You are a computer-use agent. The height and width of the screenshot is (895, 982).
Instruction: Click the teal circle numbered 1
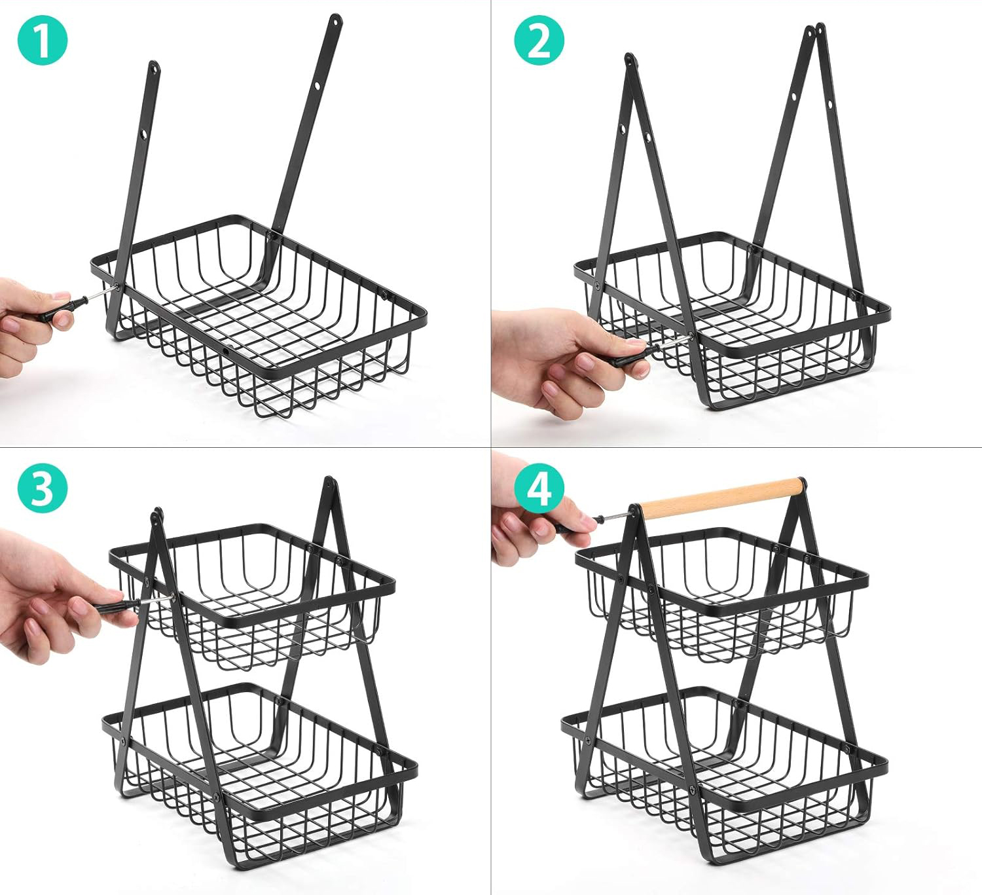[42, 40]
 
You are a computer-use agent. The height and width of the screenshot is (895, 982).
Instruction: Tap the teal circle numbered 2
[539, 40]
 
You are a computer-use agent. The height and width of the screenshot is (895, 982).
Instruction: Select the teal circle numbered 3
[42, 488]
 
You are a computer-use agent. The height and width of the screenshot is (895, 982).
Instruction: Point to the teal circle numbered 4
[539, 488]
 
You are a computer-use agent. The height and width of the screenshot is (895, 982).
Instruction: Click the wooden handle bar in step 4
[721, 496]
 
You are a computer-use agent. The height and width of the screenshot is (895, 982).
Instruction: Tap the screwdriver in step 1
[79, 304]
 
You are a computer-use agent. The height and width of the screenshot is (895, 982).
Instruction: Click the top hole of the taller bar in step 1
[335, 20]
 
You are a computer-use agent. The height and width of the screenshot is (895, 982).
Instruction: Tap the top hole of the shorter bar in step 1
[154, 68]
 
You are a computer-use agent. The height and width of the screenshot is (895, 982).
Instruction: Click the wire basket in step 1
[259, 314]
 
